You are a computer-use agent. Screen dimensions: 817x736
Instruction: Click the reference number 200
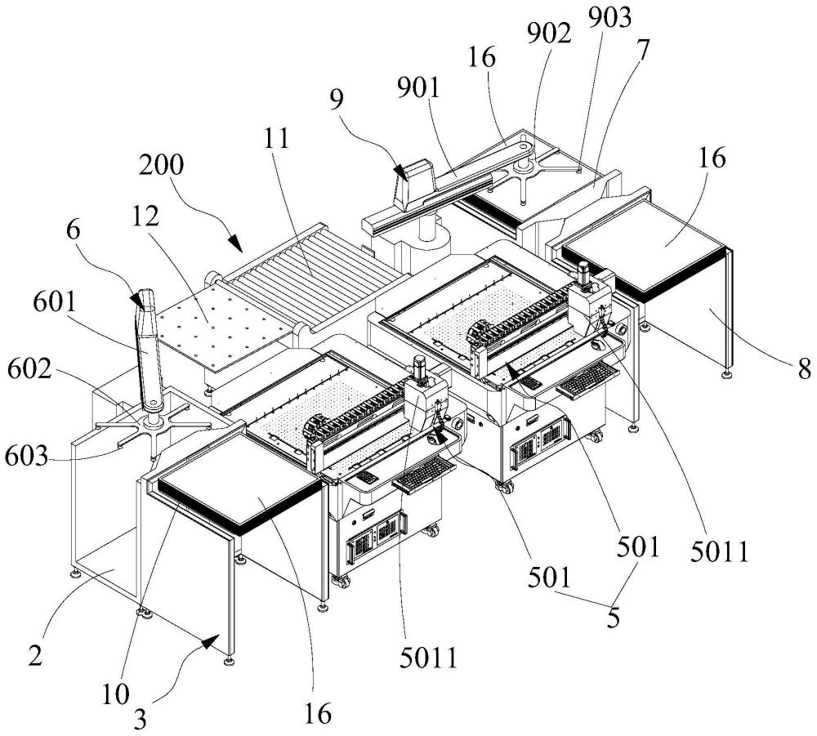click(x=161, y=165)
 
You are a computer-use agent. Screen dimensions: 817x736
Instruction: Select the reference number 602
click(x=29, y=370)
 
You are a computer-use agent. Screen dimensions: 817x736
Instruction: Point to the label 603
click(x=26, y=457)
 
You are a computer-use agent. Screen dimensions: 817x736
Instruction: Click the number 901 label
click(x=418, y=87)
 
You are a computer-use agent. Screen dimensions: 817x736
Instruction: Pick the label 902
click(x=549, y=33)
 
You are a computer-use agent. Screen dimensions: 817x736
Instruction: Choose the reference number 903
click(x=609, y=17)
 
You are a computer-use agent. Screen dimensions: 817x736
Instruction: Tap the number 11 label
click(x=276, y=139)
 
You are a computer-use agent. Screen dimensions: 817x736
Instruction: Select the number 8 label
click(x=804, y=368)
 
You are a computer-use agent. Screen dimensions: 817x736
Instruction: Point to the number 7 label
click(x=643, y=51)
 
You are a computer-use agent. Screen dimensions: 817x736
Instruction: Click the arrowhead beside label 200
click(x=235, y=243)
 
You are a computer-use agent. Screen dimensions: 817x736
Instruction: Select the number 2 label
click(x=35, y=656)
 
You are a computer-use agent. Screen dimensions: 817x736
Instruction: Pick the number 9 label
click(x=336, y=99)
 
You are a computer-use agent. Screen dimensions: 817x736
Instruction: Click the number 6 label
click(x=74, y=230)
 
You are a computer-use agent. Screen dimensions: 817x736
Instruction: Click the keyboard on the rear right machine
click(x=588, y=378)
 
